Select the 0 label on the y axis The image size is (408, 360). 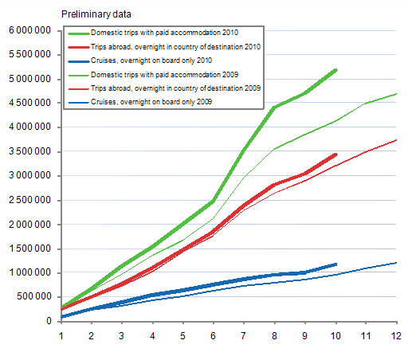(x=50, y=321)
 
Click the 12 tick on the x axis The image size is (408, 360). (x=396, y=335)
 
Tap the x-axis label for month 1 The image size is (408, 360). (x=61, y=335)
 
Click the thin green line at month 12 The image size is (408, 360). (x=396, y=94)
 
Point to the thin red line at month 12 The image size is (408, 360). (x=396, y=140)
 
